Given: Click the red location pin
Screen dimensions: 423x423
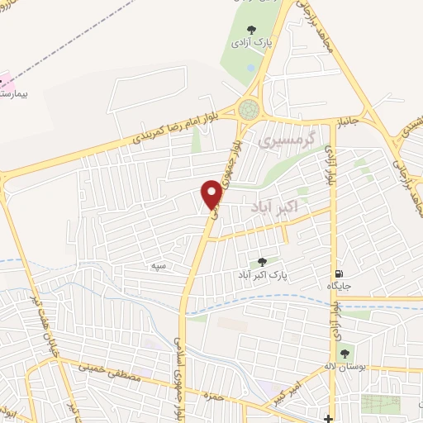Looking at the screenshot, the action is coord(212,193).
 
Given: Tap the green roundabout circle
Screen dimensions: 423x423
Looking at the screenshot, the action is coord(248,108).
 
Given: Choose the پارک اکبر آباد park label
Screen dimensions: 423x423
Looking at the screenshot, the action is coord(265,273).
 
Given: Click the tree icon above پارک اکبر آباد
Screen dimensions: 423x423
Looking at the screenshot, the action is coord(264,261).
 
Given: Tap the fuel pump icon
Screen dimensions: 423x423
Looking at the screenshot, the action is coord(339,274).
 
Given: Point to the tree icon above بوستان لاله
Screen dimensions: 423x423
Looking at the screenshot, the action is coord(347,352).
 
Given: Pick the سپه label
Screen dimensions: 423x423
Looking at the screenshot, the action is coord(159,265).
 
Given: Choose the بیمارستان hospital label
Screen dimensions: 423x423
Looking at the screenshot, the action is coord(13,93).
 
